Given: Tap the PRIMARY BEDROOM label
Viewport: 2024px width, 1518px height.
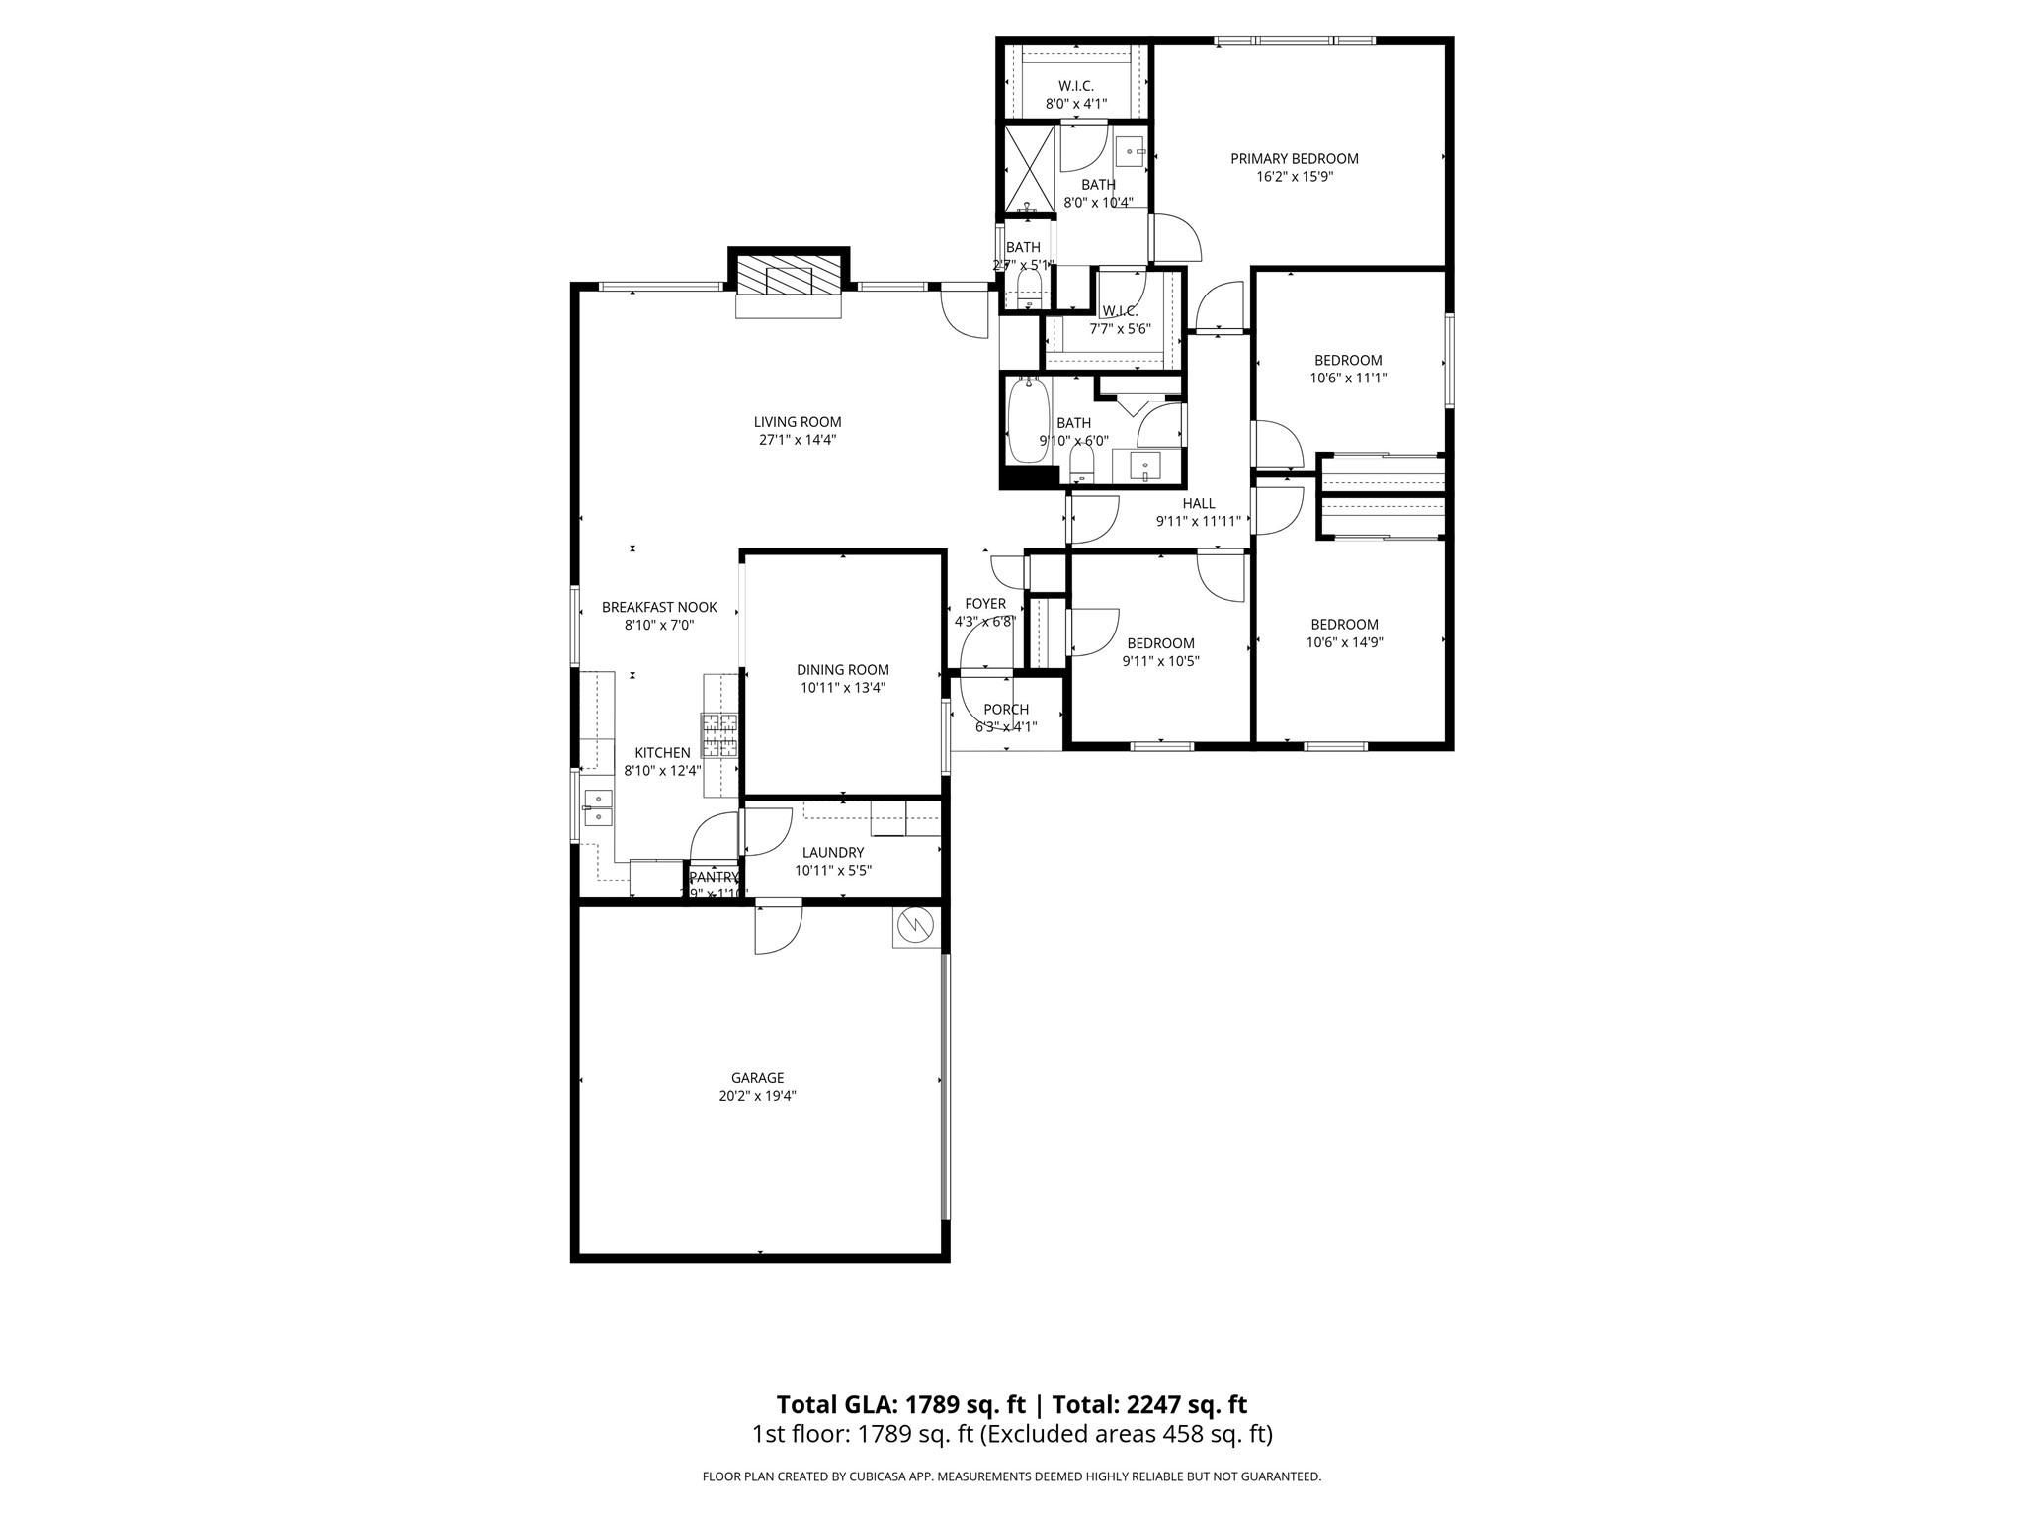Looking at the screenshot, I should coord(1294,158).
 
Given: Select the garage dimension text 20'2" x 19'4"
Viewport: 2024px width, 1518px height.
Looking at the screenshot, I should coord(757,1096).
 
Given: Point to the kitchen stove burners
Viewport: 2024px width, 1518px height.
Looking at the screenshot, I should coord(720,735).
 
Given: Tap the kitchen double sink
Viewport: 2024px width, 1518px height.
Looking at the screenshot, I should coord(597,807).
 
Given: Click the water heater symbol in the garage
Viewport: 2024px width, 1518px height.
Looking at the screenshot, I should coord(914,926).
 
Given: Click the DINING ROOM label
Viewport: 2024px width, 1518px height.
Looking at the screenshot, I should coord(843,670).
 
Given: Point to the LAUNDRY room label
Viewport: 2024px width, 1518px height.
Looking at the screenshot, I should coord(832,853).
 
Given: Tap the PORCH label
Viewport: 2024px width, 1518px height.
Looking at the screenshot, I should coord(1006,710).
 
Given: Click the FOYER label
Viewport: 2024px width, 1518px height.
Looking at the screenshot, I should coord(984,604).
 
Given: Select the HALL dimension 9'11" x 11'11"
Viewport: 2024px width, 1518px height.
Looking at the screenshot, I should coord(1198,522).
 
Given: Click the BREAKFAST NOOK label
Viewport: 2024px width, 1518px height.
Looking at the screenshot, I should coord(659,608).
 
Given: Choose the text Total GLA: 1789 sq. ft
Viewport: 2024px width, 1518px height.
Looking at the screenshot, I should coord(901,1404).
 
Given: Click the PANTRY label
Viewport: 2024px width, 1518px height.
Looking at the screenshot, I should coord(714,877).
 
